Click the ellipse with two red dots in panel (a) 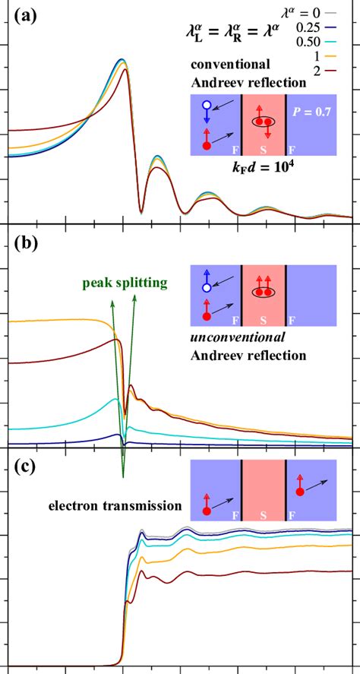[264, 122]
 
